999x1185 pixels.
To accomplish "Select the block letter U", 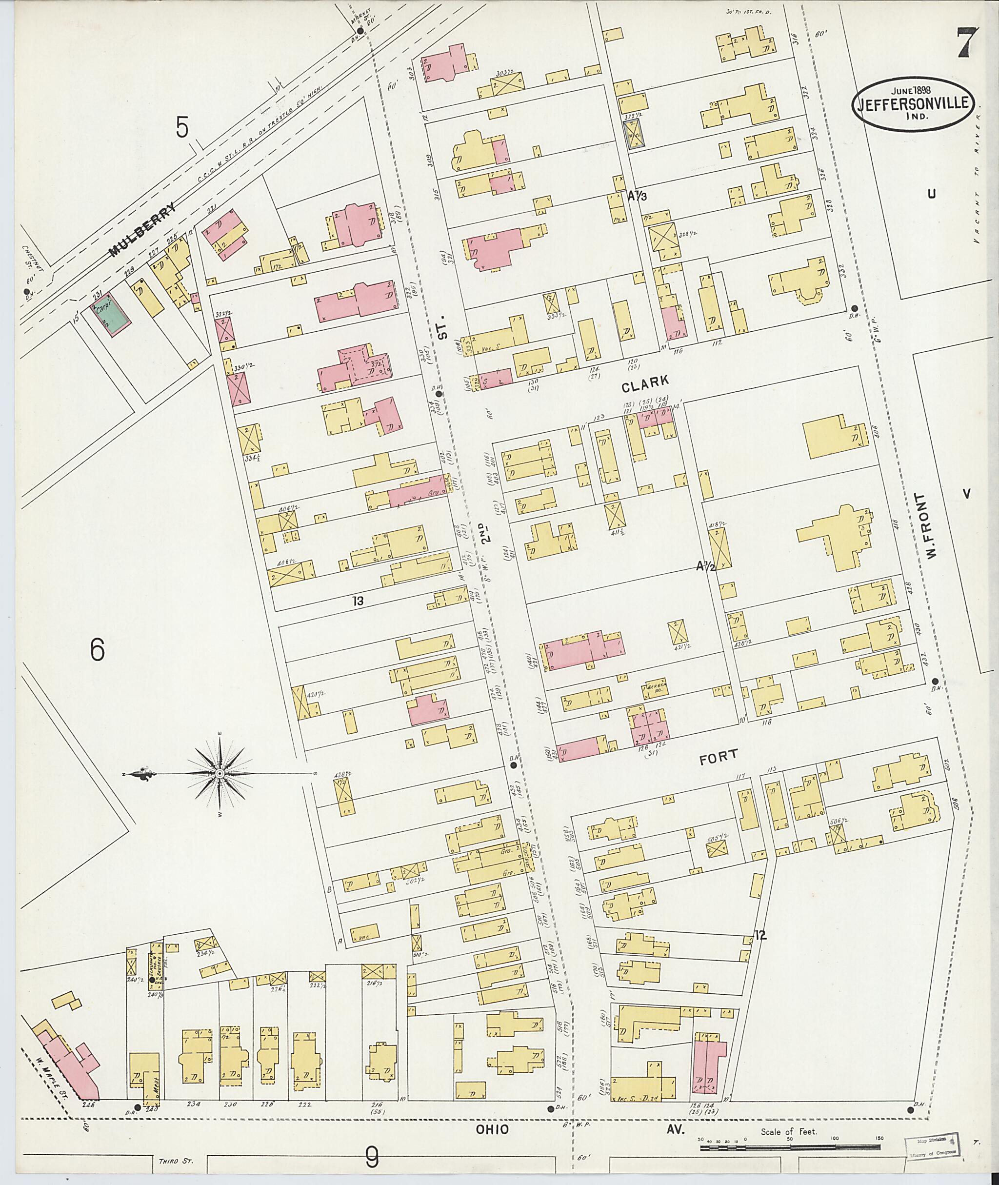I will (x=931, y=194).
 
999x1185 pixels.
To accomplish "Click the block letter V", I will (x=966, y=494).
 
